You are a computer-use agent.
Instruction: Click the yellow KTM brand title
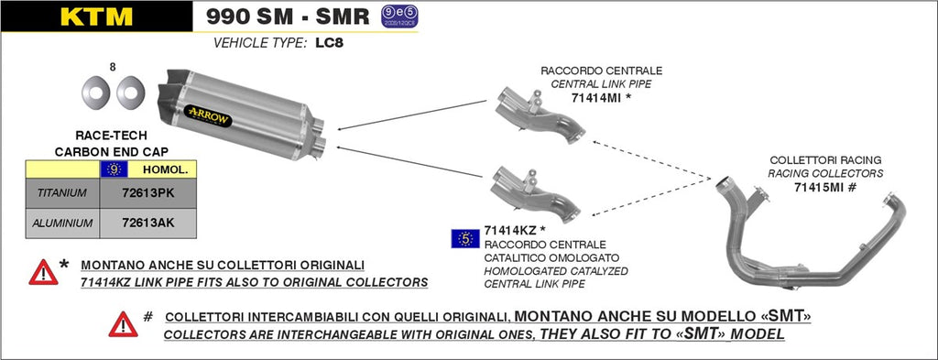click(x=96, y=16)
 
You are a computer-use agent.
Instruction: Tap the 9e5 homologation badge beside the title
click(x=399, y=16)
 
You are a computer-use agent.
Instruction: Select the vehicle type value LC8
click(x=330, y=44)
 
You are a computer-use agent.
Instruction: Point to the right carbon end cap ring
click(x=130, y=91)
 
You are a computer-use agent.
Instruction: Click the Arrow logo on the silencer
click(x=209, y=115)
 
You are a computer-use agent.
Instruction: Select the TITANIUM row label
click(x=61, y=193)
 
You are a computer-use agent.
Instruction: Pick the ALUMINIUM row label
click(x=62, y=224)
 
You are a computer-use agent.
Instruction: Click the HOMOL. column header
click(x=165, y=169)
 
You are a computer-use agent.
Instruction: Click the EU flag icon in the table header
click(x=114, y=169)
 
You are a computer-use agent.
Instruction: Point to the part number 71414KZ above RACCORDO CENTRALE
click(x=507, y=230)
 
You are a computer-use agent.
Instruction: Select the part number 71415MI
click(x=817, y=187)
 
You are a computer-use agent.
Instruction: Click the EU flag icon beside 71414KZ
click(x=465, y=238)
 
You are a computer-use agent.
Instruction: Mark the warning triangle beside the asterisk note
click(x=44, y=273)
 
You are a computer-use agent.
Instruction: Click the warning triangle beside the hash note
click(x=124, y=324)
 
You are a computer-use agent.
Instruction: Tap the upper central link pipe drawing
click(x=540, y=115)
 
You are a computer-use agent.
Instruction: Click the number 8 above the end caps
click(x=113, y=67)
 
